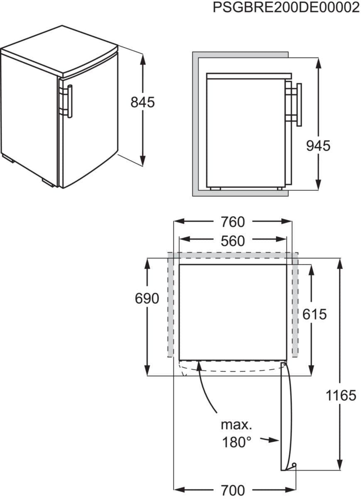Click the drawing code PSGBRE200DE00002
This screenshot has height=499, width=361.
287,7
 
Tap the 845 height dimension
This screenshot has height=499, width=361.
142,102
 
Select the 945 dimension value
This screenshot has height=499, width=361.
318,146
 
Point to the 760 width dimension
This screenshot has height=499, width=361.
233,222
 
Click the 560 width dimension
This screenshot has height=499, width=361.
233,241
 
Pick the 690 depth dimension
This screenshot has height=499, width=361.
147,298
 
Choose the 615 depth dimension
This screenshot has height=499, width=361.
314,314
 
